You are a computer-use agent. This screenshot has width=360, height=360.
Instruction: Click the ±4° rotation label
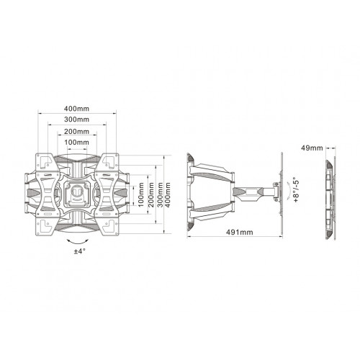[78, 251]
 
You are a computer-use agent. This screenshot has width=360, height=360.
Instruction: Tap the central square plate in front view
[78, 193]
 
